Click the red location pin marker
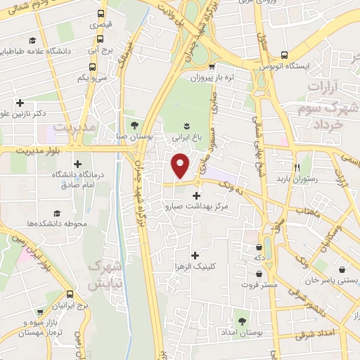point(181,166)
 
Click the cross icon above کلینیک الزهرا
point(195,255)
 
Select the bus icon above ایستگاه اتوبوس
point(284,54)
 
